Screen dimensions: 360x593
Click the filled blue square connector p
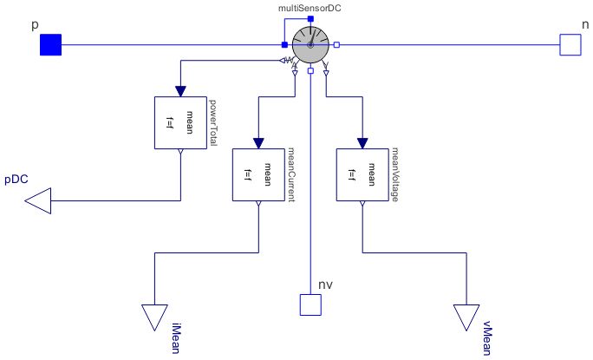point(50,44)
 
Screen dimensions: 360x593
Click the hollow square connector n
point(570,44)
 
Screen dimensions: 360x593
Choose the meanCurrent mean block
point(258,174)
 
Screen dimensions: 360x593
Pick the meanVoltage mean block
point(362,174)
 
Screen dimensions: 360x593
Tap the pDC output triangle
point(38,202)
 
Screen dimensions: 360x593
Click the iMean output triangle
point(154,317)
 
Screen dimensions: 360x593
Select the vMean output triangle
point(466,317)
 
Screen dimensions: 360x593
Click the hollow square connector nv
point(310,304)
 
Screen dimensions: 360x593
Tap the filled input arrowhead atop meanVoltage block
point(362,141)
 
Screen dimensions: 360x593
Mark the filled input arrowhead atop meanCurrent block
point(258,141)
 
